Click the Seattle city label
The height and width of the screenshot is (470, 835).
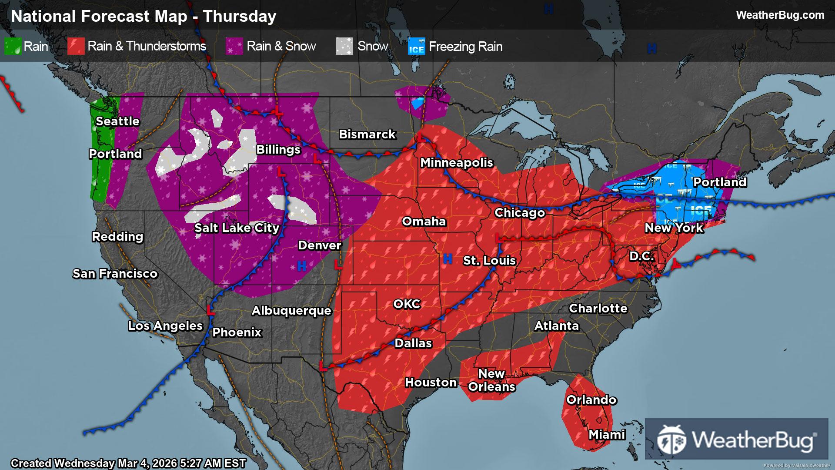point(117,121)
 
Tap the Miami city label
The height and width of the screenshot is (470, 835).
point(607,434)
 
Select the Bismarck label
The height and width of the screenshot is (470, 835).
point(367,134)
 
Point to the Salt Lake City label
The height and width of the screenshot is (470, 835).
point(237,228)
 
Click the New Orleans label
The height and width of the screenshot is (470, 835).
point(491,380)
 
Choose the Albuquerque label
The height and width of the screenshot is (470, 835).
point(291,311)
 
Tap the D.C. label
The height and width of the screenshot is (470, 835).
point(642,256)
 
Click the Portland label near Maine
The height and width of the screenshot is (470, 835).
point(720,182)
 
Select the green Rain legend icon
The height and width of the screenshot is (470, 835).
point(13,46)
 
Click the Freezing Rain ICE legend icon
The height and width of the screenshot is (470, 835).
point(416,47)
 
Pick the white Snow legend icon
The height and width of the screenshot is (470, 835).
point(344,46)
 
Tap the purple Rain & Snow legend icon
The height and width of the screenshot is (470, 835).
point(234,46)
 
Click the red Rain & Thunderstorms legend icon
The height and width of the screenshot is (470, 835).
point(76,46)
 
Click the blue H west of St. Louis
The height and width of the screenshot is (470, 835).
point(448,259)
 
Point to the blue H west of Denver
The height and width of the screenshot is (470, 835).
point(301,266)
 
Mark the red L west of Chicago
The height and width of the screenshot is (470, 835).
point(498,238)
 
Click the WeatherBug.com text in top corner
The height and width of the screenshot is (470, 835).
point(780,15)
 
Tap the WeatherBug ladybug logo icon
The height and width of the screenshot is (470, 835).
point(671,439)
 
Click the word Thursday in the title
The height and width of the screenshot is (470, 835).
point(240,17)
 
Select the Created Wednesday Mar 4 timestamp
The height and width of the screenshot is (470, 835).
point(128,463)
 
